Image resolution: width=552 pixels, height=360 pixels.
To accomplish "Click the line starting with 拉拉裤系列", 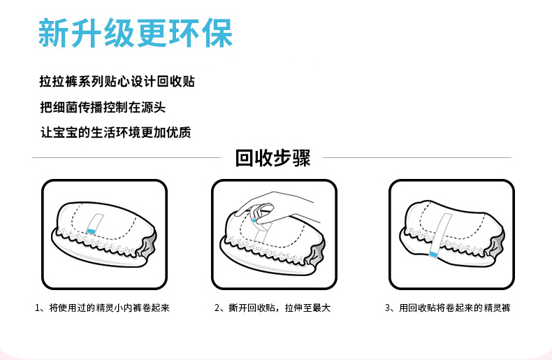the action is point(117,82).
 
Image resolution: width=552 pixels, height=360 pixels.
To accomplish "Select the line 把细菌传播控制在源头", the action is point(103,107).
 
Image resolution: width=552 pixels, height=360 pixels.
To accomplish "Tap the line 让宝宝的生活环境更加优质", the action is point(115,132).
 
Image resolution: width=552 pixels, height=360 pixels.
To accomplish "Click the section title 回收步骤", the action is point(273,158).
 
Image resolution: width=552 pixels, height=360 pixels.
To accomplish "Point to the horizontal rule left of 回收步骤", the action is point(126,158).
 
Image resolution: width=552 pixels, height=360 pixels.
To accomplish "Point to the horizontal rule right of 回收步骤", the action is point(419,158).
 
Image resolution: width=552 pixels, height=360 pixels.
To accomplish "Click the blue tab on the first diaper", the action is point(90,230).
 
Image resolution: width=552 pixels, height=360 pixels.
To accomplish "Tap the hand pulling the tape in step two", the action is point(279,204).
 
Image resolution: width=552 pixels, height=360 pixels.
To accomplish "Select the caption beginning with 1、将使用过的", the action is point(102,308).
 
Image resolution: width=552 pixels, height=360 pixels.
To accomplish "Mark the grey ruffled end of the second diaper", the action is point(320,249).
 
